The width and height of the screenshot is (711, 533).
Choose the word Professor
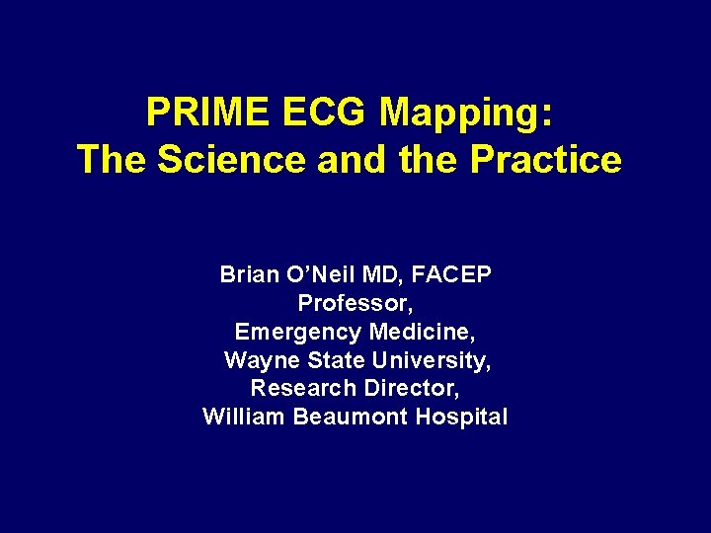pos(355,303)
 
